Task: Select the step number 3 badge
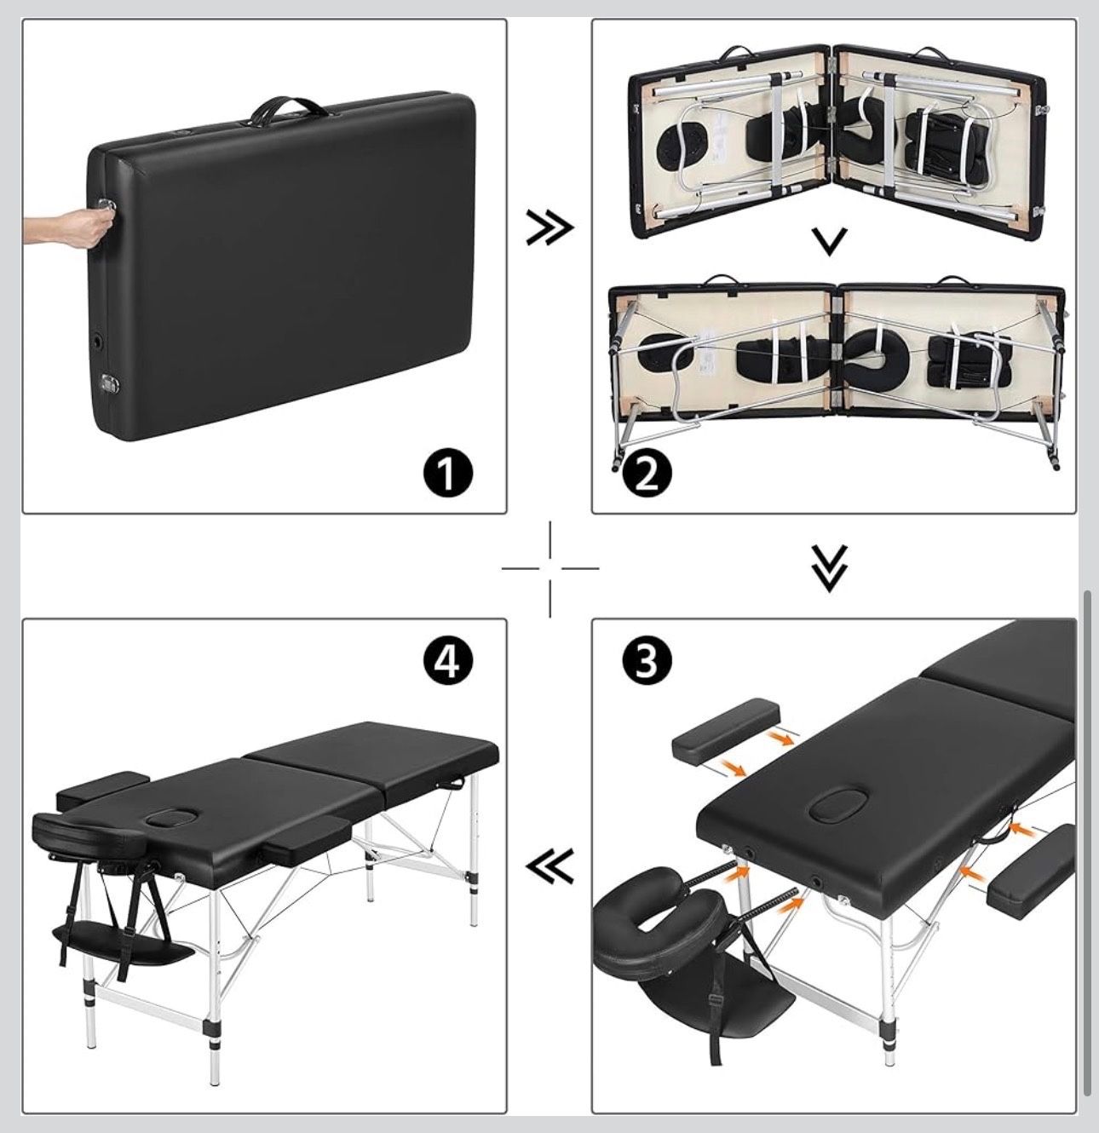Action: click(x=647, y=661)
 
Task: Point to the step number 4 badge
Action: click(x=446, y=660)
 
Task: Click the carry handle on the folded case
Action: click(x=286, y=106)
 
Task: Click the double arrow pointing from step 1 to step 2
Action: click(x=549, y=227)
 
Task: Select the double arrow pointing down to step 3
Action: click(x=829, y=568)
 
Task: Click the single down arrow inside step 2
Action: click(x=829, y=242)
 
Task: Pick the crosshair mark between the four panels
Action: click(x=550, y=568)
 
